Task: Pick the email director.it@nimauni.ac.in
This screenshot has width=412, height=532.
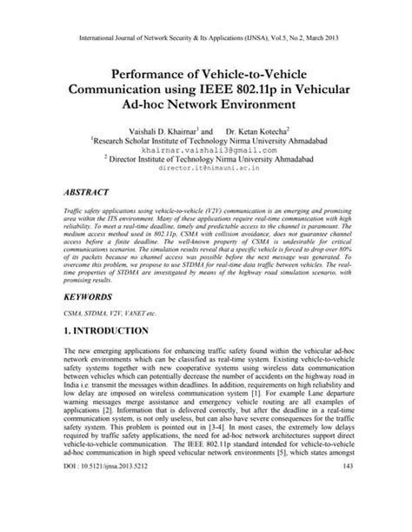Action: point(206,170)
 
